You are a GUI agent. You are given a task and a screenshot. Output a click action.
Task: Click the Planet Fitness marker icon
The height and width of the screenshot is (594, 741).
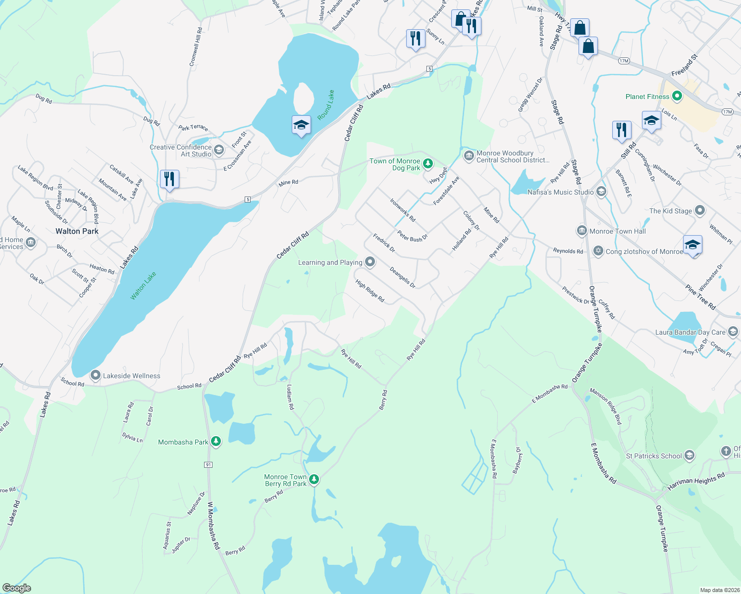677,97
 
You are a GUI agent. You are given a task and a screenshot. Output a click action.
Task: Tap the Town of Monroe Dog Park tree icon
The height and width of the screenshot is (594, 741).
428,163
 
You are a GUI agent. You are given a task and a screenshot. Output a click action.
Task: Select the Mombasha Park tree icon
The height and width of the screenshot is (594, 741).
215,441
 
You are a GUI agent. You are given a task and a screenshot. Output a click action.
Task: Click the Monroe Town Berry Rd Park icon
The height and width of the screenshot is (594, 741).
314,479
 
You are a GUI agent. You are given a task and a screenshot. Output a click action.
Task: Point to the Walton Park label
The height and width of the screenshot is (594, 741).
77,231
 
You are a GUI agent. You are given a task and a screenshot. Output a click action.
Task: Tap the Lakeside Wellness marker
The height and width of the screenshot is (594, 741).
95,376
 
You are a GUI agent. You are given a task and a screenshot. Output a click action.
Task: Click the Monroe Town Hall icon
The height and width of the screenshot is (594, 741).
582,231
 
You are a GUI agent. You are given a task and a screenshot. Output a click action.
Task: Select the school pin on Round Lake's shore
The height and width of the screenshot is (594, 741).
301,125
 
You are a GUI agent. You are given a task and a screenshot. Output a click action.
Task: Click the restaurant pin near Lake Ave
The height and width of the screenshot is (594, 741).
169,179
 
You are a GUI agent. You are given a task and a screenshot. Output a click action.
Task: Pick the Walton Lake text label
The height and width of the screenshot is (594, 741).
143,286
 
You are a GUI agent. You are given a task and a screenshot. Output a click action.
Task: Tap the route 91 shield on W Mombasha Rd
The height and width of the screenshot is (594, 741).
208,465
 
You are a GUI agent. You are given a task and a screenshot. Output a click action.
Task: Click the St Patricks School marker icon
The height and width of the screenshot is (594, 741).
689,456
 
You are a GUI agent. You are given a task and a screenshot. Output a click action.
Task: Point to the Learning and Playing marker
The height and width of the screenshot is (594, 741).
370,262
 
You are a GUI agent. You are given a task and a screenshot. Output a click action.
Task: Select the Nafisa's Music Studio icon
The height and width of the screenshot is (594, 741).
601,192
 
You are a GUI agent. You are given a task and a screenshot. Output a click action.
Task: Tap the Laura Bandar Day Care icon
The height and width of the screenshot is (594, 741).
733,332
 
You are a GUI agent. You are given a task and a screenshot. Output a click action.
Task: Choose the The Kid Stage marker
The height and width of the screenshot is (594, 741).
699,210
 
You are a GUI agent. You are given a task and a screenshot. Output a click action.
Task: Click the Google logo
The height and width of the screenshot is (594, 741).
17,588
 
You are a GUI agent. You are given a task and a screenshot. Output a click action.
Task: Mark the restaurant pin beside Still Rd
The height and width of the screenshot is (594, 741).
622,130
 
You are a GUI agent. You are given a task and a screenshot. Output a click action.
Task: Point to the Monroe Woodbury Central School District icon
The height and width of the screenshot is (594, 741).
469,156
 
